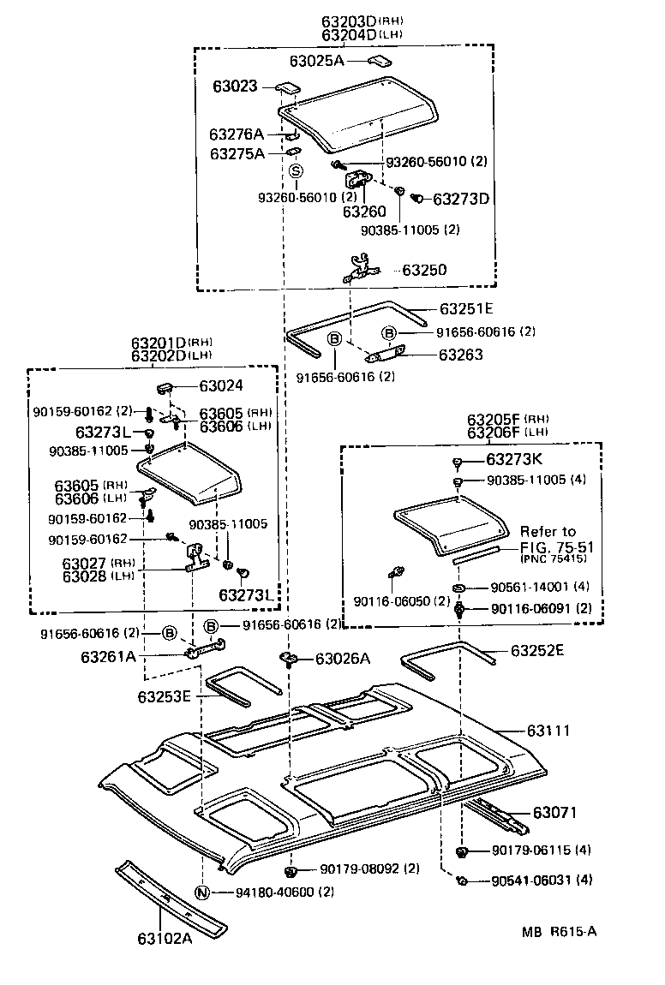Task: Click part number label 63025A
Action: [316, 61]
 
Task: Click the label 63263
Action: [461, 354]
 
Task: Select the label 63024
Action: [222, 386]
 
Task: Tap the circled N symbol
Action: [202, 892]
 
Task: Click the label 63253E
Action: [163, 696]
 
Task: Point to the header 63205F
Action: [496, 420]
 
